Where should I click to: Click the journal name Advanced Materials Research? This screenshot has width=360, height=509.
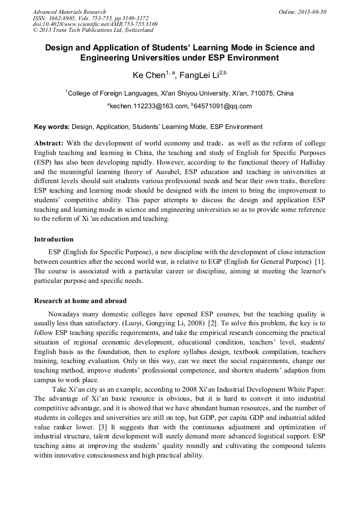69,12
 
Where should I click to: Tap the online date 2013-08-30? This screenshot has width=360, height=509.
312,12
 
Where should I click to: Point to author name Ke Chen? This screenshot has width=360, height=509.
149,76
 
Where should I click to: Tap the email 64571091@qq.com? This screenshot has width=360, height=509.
223,106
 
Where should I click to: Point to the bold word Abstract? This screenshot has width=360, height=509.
49,143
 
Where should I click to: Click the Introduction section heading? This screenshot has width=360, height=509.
54,239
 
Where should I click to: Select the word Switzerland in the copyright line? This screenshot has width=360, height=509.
137,30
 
